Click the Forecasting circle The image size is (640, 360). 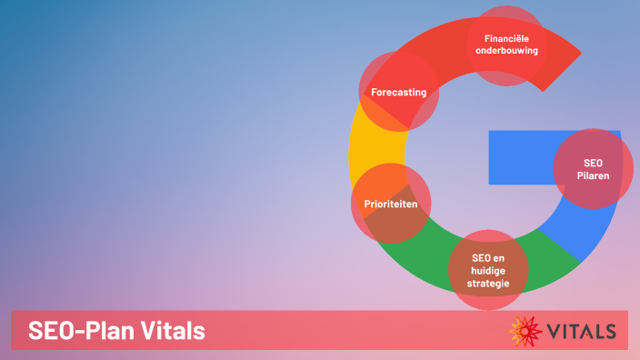[400, 92]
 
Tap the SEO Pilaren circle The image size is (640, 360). [593, 169]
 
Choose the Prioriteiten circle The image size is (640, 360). [391, 204]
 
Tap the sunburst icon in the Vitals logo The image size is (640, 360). [525, 331]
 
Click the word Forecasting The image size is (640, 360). [398, 93]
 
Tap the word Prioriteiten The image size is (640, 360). [391, 205]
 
